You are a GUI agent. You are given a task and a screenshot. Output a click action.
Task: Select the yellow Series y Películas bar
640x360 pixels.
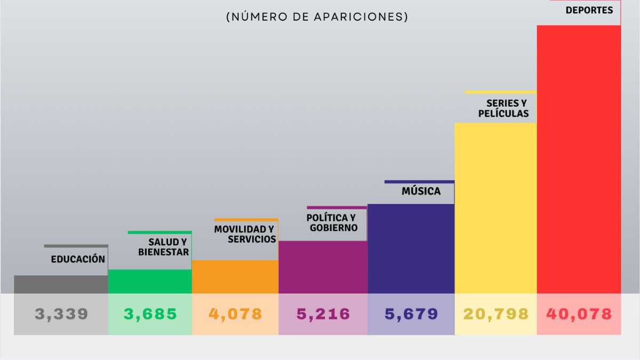click(x=495, y=208)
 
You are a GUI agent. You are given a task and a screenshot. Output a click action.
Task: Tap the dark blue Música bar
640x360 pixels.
click(x=411, y=249)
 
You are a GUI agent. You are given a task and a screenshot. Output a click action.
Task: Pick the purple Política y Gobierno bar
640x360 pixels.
click(x=323, y=267)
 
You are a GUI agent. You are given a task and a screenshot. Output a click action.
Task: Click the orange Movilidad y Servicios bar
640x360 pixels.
click(x=235, y=277)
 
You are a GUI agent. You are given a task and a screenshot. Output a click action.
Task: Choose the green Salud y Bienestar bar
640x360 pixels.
click(x=150, y=282)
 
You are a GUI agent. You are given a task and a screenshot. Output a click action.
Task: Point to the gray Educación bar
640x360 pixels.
click(x=61, y=284)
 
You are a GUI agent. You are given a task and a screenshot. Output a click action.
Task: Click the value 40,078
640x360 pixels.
click(x=579, y=314)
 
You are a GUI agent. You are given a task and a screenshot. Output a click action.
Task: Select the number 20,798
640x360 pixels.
click(x=495, y=314)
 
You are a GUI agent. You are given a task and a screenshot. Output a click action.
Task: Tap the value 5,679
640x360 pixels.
click(x=411, y=314)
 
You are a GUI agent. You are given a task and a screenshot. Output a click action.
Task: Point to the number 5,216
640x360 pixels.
click(x=323, y=314)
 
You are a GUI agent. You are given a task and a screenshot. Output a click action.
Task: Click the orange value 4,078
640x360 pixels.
click(x=235, y=314)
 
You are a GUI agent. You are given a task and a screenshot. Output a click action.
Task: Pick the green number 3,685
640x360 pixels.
click(x=150, y=314)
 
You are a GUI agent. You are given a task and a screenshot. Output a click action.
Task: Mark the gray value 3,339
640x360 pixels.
click(x=61, y=314)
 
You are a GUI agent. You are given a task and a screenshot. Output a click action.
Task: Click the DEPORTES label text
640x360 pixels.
click(x=589, y=10)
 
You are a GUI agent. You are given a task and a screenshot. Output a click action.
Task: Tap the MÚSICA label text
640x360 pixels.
click(x=421, y=191)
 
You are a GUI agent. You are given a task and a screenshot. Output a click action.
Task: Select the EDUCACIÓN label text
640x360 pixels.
click(x=78, y=259)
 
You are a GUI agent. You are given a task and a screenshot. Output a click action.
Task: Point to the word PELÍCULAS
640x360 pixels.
click(x=503, y=114)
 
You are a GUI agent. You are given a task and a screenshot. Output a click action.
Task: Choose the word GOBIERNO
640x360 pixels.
click(x=333, y=228)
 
